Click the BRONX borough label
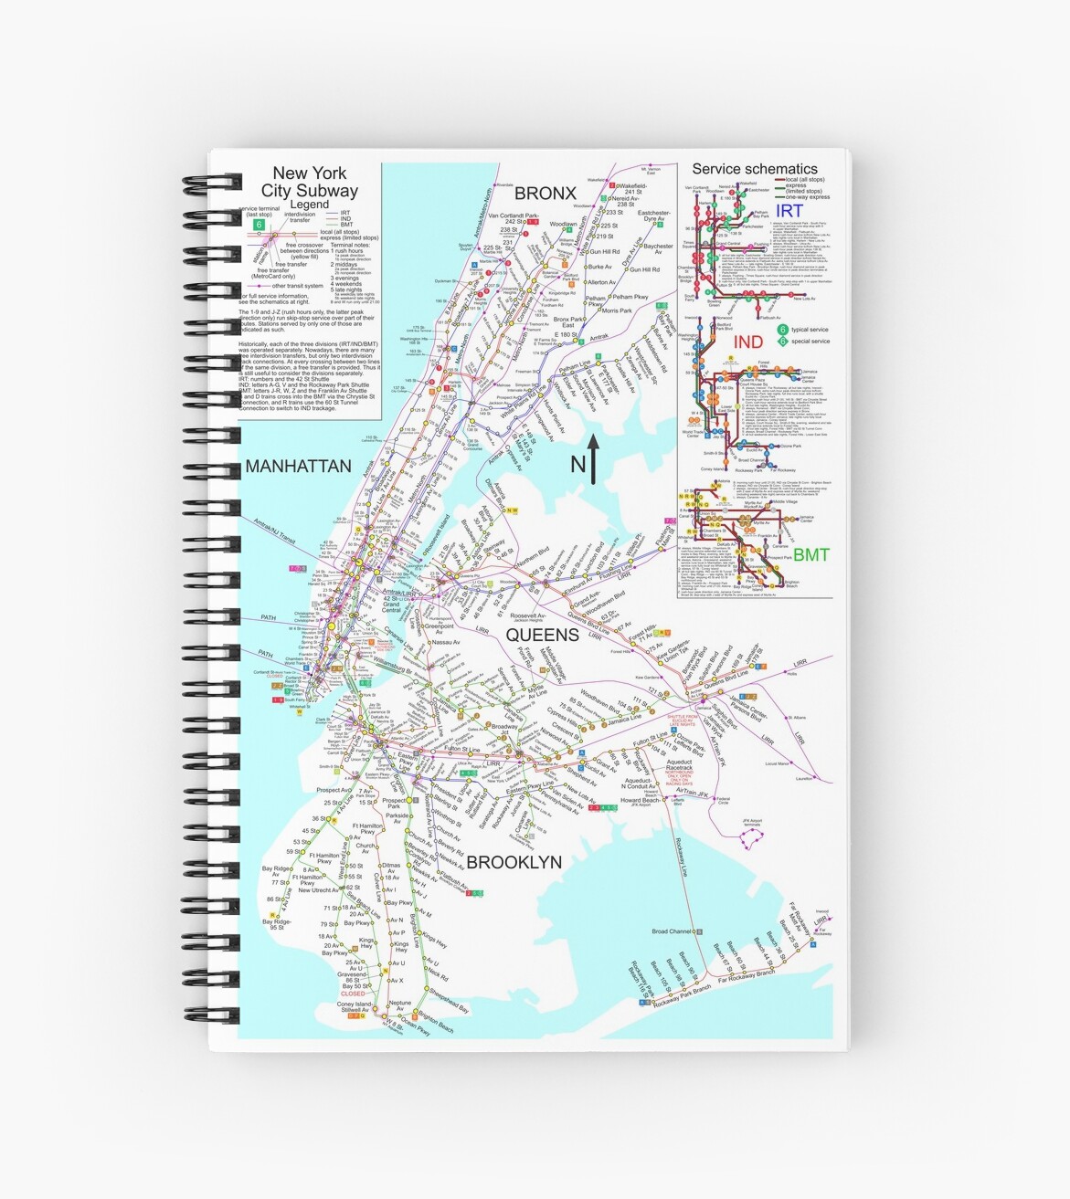pyautogui.click(x=545, y=194)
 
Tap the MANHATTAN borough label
pyautogui.click(x=298, y=467)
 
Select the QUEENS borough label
pyautogui.click(x=542, y=635)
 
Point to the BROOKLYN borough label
pyautogui.click(x=514, y=862)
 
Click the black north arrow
pyautogui.click(x=593, y=458)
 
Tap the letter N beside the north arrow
pyautogui.click(x=577, y=465)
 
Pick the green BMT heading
pyautogui.click(x=810, y=554)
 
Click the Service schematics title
pyautogui.click(x=754, y=169)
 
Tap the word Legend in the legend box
pyautogui.click(x=309, y=205)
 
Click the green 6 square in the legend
pyautogui.click(x=260, y=224)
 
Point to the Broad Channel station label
pyautogui.click(x=672, y=931)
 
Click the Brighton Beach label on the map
pyautogui.click(x=434, y=1028)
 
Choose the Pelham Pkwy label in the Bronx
pyautogui.click(x=630, y=297)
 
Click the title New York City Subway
pyautogui.click(x=310, y=182)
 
